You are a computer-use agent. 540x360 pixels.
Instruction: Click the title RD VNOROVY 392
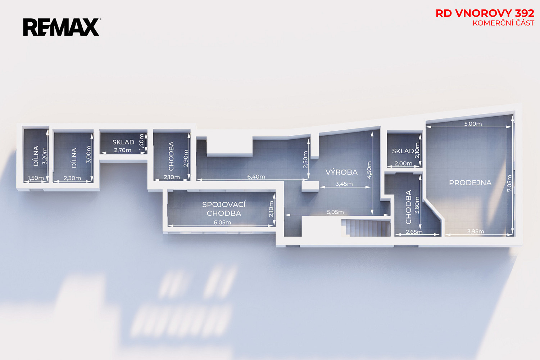[485, 14]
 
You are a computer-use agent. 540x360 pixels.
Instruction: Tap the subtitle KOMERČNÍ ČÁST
[503, 23]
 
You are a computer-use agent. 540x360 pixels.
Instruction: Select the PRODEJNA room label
[470, 183]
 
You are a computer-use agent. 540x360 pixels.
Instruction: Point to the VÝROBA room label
[342, 172]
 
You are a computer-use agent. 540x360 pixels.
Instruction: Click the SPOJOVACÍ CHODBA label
[224, 209]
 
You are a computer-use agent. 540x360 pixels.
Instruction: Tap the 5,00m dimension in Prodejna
[473, 124]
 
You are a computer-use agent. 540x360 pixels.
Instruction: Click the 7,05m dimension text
[509, 183]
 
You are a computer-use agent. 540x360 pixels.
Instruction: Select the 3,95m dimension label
[475, 231]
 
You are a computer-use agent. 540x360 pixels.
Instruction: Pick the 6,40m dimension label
[256, 177]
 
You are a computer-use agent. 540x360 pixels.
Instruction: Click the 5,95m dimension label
[335, 212]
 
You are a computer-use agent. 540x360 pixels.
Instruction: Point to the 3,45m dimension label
[344, 184]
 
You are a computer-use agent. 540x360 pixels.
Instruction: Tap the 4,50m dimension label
[369, 170]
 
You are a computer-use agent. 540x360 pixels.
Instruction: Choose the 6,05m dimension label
[222, 222]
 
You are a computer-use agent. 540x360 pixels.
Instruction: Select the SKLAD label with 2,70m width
[123, 142]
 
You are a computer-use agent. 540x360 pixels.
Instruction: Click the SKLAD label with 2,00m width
[403, 151]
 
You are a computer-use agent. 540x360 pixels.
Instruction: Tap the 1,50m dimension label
[36, 178]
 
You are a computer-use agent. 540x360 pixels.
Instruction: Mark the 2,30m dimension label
[72, 178]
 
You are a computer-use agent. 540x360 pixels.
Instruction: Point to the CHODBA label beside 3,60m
[408, 207]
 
